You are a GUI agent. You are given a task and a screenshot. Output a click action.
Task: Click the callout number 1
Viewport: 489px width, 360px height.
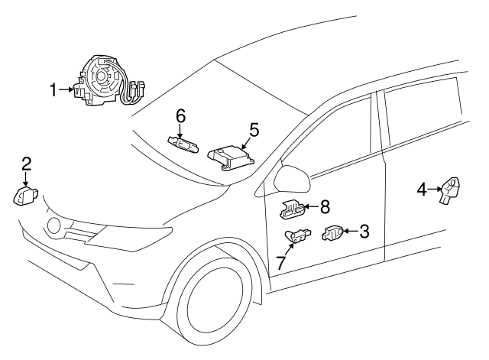(x=54, y=90)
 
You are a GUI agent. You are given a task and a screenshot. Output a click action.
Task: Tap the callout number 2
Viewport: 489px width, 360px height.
(x=26, y=164)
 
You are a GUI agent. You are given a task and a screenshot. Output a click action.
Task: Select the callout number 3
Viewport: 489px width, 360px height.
(x=364, y=232)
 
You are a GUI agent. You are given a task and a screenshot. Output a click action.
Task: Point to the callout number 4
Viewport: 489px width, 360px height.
(x=422, y=190)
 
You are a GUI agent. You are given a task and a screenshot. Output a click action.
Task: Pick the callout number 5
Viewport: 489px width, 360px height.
(x=254, y=130)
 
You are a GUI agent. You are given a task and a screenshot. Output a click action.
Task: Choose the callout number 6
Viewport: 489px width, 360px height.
(x=181, y=116)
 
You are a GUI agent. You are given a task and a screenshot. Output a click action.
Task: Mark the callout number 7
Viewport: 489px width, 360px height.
(x=281, y=263)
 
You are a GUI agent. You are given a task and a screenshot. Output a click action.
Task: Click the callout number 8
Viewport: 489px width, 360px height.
(x=325, y=207)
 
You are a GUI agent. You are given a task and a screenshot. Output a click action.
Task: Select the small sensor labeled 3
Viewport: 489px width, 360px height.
(x=332, y=233)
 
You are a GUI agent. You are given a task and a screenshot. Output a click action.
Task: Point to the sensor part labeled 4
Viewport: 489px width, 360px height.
(x=450, y=190)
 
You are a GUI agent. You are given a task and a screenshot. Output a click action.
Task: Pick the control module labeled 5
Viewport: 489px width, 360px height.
(x=231, y=157)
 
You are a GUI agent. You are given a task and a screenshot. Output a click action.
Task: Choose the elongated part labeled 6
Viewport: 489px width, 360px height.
(x=183, y=145)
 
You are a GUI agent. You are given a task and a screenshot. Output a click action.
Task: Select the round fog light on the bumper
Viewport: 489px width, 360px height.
(x=54, y=225)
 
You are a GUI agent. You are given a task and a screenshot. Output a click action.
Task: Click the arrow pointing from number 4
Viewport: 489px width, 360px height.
(x=434, y=189)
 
